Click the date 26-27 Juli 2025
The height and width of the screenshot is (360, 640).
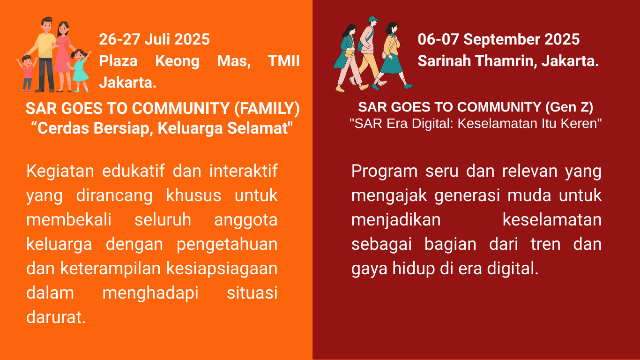coord(154,39)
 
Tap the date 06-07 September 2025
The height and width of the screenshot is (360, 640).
coord(499,39)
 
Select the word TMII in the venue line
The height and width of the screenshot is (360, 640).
coord(284,61)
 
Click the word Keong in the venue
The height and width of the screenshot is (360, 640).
coord(177,61)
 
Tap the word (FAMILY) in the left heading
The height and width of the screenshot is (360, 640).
coord(267,109)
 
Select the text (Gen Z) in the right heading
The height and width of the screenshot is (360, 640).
coord(569,107)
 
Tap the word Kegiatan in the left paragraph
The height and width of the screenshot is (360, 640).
coord(60,172)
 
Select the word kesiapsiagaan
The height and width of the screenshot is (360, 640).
coord(222,269)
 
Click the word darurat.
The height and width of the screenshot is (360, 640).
coord(56,317)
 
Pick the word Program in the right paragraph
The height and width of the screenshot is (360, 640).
coord(385,172)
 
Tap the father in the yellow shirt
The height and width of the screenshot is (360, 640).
coord(45,54)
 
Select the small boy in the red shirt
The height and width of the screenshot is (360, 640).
coord(27,74)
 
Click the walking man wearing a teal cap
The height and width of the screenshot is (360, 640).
coord(369,52)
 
